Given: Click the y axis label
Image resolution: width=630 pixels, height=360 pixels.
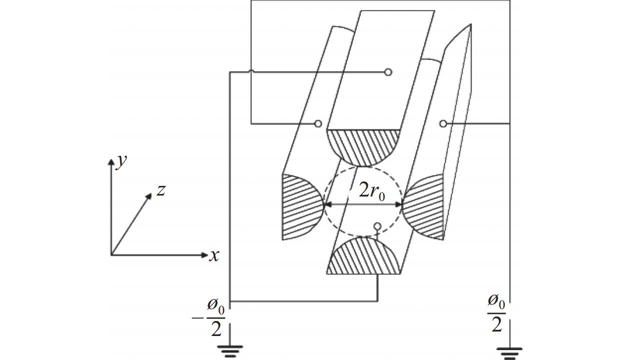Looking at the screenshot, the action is tap(122, 161).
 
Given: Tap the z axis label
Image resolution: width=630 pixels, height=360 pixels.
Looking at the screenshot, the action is tap(161, 190).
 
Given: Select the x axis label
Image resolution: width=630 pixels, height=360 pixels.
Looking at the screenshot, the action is tap(214, 255).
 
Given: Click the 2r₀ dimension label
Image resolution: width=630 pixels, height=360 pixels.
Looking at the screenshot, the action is tap(372, 192).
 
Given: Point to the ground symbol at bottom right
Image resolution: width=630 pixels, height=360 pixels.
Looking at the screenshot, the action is tap(509, 353).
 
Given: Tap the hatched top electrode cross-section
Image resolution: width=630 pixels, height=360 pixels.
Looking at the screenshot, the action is tap(363, 146).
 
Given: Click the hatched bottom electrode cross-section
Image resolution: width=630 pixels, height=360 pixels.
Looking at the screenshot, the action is tap(363, 257).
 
